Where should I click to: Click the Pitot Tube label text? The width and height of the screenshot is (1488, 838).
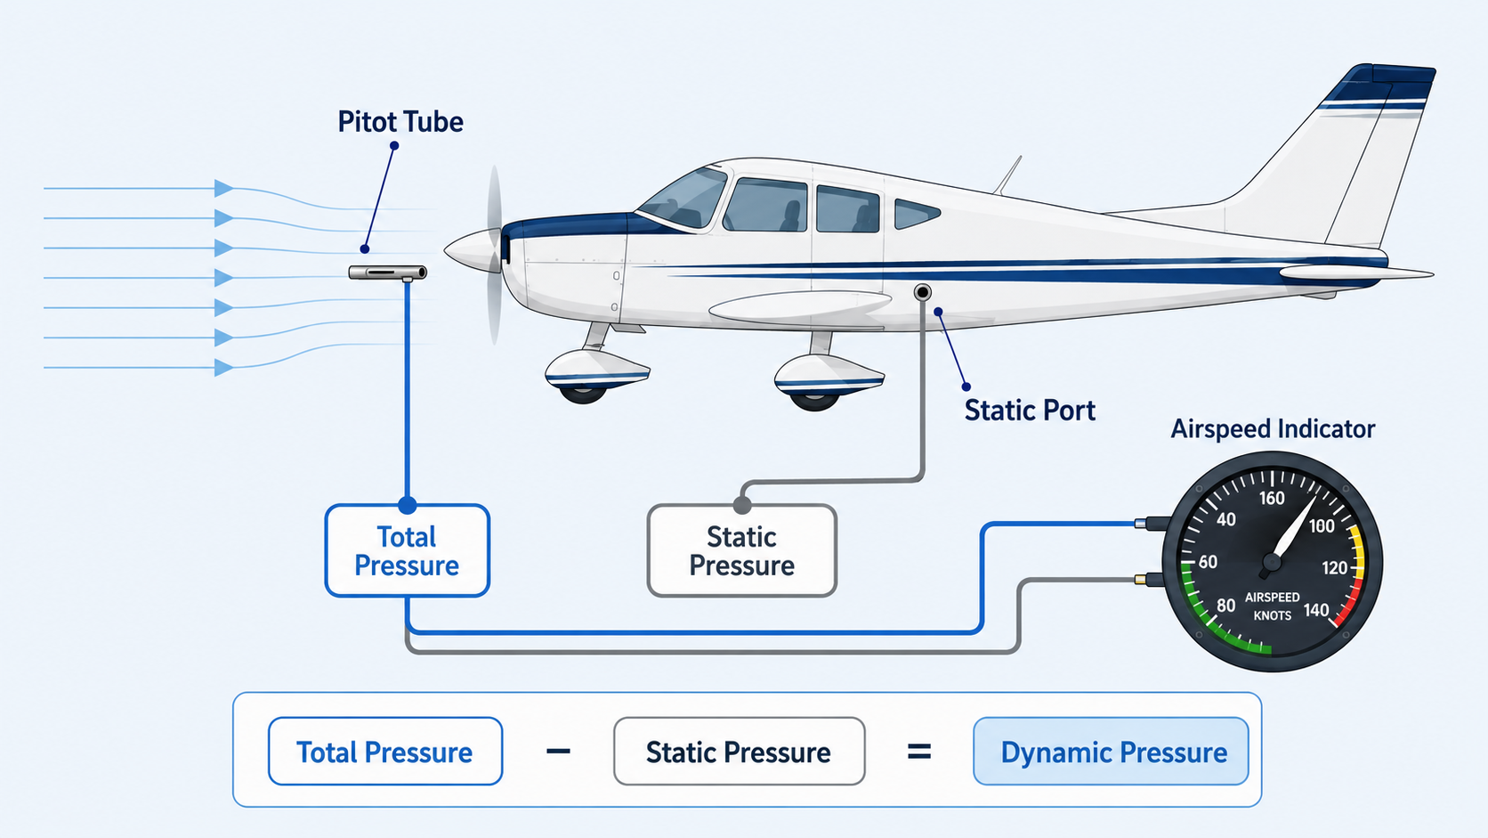coord(400,122)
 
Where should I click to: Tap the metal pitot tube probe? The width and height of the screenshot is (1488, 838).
coord(388,273)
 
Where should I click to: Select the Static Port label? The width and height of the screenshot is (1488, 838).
coord(1030,410)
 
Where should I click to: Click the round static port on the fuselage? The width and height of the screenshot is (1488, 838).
coord(922,292)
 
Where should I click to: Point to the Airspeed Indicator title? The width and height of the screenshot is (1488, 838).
coord(1273,428)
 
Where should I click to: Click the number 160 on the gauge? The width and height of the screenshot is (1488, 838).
coord(1272,498)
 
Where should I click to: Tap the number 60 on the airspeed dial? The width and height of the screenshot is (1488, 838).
coord(1208,562)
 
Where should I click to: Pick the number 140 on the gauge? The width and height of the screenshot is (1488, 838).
coord(1316,610)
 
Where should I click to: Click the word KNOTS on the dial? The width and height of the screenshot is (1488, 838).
coord(1272,615)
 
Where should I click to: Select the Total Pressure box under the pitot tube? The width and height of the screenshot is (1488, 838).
coord(408,551)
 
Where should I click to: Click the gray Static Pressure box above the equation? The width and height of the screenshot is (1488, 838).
coord(742,551)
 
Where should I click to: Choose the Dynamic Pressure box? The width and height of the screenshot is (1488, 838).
coord(1111,752)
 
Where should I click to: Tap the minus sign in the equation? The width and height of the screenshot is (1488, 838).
coord(558,752)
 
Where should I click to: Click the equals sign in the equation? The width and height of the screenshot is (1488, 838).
coord(918,752)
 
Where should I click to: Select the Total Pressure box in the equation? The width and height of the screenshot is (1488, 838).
coord(385,752)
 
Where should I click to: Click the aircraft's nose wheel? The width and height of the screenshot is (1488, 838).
coord(583,392)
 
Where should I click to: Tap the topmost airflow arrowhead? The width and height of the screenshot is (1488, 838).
coord(224,188)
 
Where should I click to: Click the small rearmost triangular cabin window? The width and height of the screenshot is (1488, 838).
coord(917,214)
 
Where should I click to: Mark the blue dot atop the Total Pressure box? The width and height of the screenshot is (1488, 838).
coord(408,505)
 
